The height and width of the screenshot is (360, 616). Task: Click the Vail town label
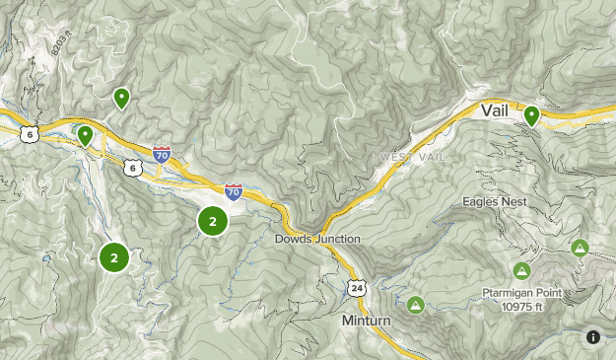pyautogui.click(x=495, y=111)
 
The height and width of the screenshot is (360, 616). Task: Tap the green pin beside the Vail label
pyautogui.click(x=531, y=115)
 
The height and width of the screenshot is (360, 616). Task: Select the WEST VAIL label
pyautogui.click(x=413, y=158)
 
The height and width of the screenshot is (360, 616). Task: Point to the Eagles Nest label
pyautogui.click(x=495, y=201)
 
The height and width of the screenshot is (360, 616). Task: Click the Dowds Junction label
pyautogui.click(x=318, y=239)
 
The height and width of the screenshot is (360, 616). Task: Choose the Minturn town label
pyautogui.click(x=368, y=322)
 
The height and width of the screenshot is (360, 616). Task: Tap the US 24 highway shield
pyautogui.click(x=355, y=286)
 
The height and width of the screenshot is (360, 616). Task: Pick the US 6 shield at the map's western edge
pyautogui.click(x=30, y=134)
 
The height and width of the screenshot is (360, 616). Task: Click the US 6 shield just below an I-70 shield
pyautogui.click(x=132, y=169)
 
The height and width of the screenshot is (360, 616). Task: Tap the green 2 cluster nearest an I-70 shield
pyautogui.click(x=213, y=221)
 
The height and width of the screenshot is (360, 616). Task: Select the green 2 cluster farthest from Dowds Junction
pyautogui.click(x=114, y=258)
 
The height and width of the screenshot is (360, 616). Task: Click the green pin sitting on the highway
pyautogui.click(x=86, y=135)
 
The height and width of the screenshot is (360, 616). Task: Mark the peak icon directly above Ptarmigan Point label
pyautogui.click(x=521, y=270)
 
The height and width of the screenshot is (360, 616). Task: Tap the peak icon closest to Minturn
pyautogui.click(x=415, y=305)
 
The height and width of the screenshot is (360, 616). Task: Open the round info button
pyautogui.click(x=593, y=336)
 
